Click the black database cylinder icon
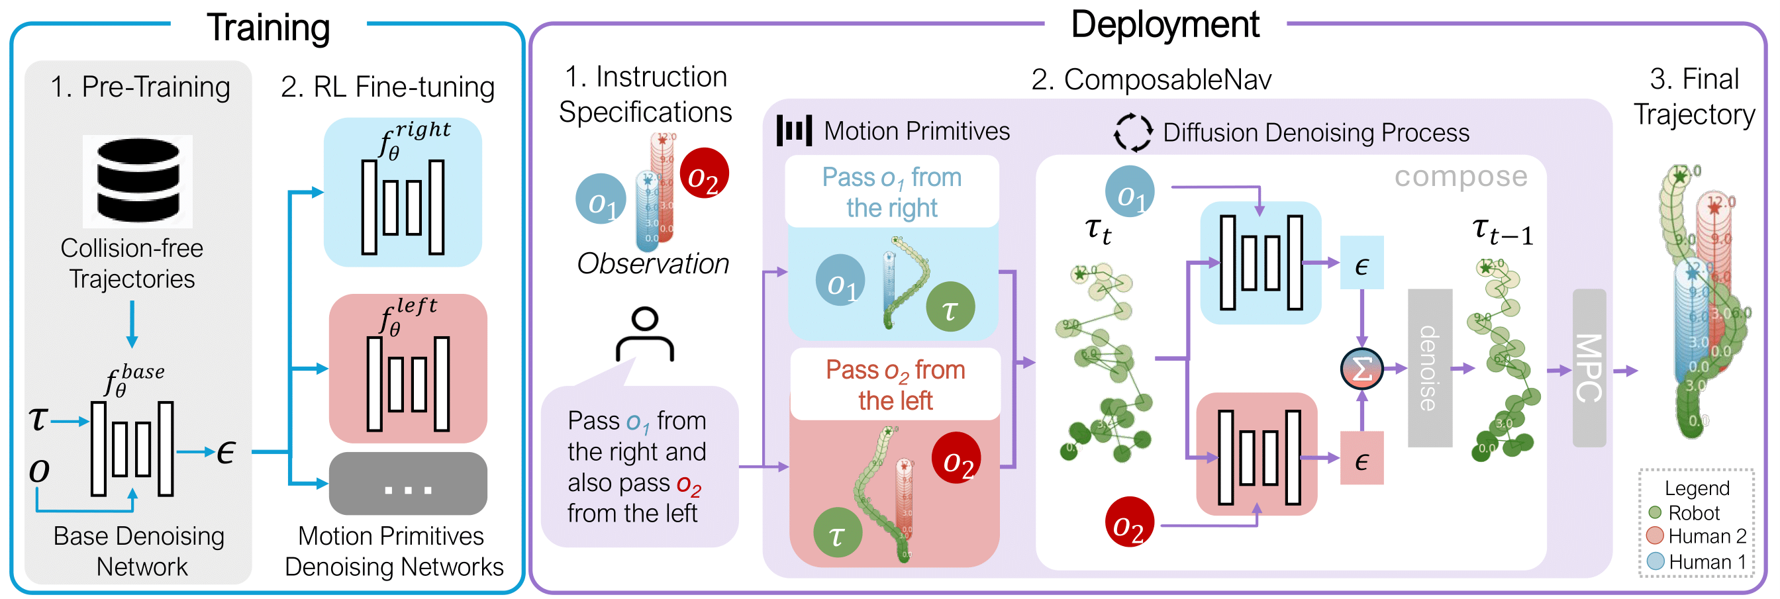pos(138,181)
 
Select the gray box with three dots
pos(408,484)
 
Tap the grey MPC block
pos(1589,367)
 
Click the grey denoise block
pos(1430,367)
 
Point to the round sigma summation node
pos(1361,369)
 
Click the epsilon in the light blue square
pos(1361,263)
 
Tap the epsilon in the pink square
pos(1361,459)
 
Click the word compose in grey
pos(1460,176)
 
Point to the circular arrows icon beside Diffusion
pos(1132,132)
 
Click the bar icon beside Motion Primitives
pos(794,130)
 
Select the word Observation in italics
pos(652,263)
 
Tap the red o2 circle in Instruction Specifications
pos(703,173)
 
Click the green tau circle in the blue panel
pos(950,306)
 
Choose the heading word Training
pos(268,28)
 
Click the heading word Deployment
pos(1165,25)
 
